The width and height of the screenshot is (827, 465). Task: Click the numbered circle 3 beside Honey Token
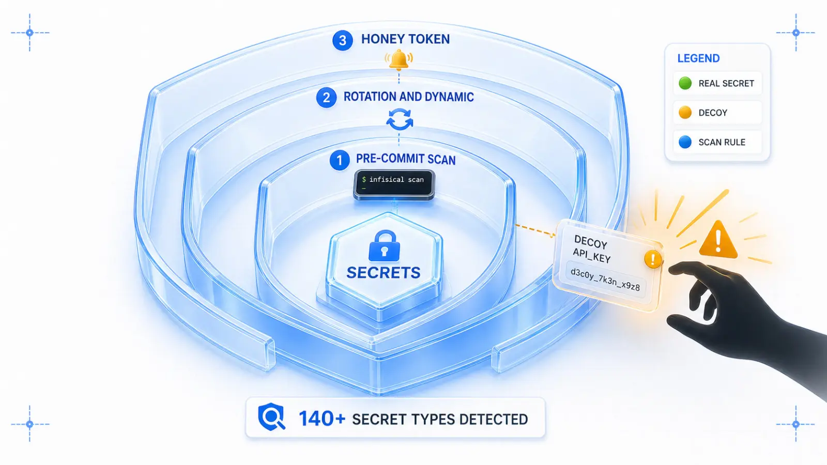click(x=342, y=40)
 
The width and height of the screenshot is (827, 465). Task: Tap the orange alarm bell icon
click(x=399, y=60)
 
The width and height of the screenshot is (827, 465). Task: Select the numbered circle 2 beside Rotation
click(x=326, y=98)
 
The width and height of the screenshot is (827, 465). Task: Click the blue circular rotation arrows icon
click(x=400, y=119)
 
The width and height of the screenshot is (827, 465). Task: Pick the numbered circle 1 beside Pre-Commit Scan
click(x=340, y=160)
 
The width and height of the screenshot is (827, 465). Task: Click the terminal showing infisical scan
click(x=394, y=184)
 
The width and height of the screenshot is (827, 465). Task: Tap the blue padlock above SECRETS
click(x=385, y=245)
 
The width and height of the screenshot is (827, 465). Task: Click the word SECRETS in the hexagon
click(x=383, y=273)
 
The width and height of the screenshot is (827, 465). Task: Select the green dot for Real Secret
click(x=685, y=83)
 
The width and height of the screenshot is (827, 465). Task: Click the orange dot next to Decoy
click(x=685, y=112)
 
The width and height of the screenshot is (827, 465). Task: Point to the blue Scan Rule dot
click(x=685, y=142)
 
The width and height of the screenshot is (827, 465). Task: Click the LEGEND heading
click(x=698, y=58)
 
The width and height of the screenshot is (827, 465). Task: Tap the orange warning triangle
click(x=718, y=240)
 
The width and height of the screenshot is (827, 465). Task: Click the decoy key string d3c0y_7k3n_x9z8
click(x=605, y=280)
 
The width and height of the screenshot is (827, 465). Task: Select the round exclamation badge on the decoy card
click(x=653, y=259)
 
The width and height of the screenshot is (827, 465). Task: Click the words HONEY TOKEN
click(x=405, y=39)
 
